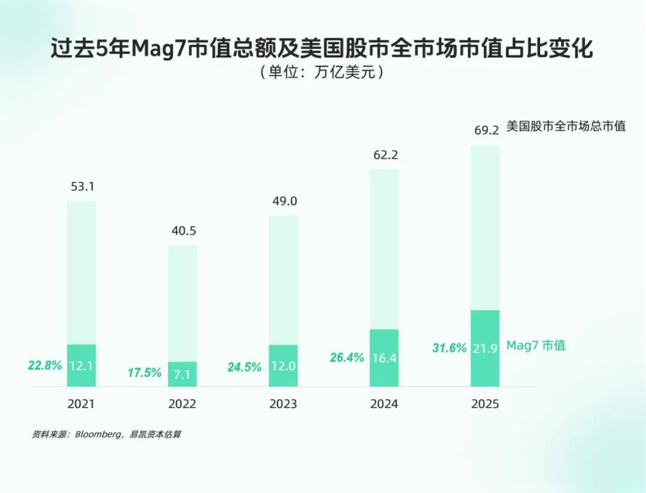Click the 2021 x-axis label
coord(81,404)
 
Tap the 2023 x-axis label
coord(283,404)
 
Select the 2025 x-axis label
coord(485,404)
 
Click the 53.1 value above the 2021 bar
coord(82,187)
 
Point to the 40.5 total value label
coord(182,231)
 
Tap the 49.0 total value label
coord(284,201)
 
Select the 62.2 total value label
coord(385,156)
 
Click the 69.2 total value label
coord(486,130)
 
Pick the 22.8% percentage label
coord(45,365)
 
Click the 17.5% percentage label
coord(145,373)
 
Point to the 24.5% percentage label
coord(245,367)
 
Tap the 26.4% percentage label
coord(347,358)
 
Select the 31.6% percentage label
coord(449,348)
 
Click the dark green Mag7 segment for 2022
coord(182,374)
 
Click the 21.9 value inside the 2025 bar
coord(485,349)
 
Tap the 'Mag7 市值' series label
coord(536,345)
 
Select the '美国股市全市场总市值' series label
coord(566,126)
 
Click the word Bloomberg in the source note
coord(97,434)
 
